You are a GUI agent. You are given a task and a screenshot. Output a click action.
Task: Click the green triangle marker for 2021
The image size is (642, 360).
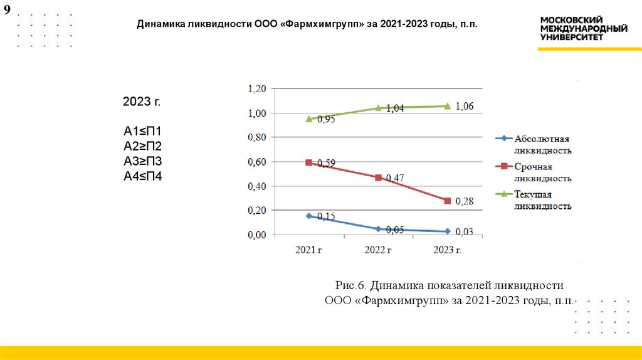tap(309, 119)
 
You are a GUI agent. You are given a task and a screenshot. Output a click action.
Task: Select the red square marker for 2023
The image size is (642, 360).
tap(447, 201)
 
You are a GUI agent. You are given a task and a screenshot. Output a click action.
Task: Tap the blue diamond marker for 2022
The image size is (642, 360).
tap(378, 229)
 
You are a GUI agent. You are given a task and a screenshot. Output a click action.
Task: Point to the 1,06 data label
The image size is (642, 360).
tap(465, 106)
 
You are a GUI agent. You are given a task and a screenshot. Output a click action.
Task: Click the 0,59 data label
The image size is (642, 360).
tap(326, 163)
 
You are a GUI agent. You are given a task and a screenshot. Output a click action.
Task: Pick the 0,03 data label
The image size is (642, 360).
tap(465, 232)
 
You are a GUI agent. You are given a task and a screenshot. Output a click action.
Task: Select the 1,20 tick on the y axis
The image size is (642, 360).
tap(258, 89)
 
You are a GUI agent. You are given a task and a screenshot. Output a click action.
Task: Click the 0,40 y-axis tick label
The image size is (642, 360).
tap(258, 186)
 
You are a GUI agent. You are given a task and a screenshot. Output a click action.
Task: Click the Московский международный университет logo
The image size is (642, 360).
tap(584, 29)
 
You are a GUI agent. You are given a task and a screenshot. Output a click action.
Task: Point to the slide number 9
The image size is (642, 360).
tap(8, 11)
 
